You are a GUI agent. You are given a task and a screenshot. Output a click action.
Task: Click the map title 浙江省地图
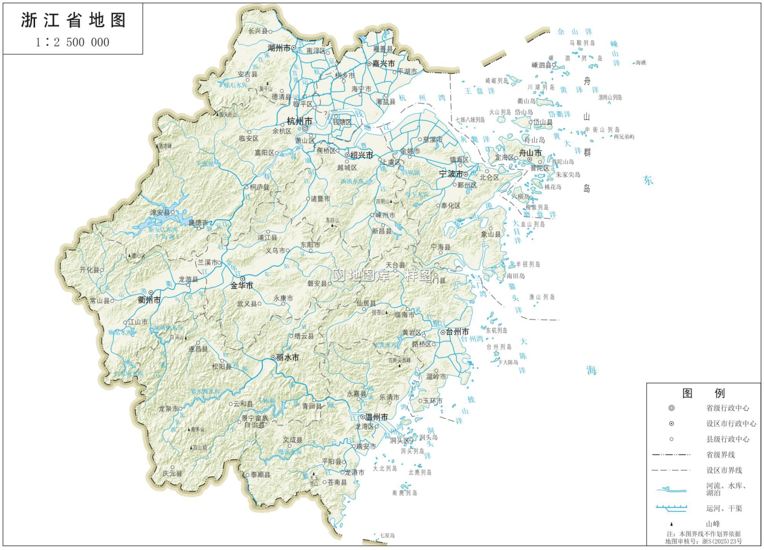point(73,20)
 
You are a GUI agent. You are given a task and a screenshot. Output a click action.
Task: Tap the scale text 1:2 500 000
point(72,42)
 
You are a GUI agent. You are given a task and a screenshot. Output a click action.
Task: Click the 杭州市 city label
point(299,121)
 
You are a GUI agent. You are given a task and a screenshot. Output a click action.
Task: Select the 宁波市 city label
point(451,174)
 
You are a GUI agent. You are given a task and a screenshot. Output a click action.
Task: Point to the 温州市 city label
point(376,417)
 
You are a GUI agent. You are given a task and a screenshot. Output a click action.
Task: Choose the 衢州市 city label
point(149,300)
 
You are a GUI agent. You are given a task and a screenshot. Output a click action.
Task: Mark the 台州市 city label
point(457,332)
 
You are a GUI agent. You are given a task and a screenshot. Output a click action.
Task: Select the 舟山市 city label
point(530,153)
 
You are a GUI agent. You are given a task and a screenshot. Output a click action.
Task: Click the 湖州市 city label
point(279,48)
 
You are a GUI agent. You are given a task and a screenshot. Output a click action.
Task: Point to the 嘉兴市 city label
point(384,64)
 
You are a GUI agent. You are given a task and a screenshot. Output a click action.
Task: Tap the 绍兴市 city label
point(361,155)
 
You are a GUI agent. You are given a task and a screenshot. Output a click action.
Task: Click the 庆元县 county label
point(172,474)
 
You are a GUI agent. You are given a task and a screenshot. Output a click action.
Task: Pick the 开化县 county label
point(89,270)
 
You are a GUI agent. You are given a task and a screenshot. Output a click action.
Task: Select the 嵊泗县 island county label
point(541,65)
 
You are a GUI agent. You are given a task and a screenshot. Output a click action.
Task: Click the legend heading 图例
point(703,393)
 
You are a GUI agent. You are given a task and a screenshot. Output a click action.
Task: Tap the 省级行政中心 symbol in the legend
point(671,408)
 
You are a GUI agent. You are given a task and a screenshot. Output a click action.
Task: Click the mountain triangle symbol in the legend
point(671,524)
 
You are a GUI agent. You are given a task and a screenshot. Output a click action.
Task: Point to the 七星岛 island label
point(387,536)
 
